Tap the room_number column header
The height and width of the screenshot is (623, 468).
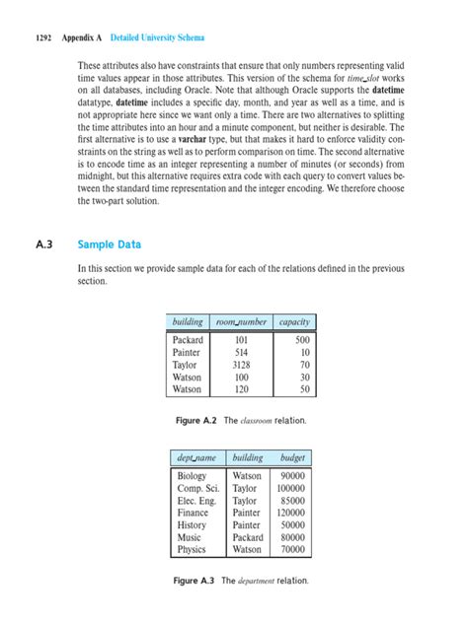[x=240, y=321]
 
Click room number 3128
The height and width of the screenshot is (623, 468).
[x=240, y=365]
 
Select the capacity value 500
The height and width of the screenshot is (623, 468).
[x=300, y=340]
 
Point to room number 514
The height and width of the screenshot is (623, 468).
[x=240, y=352]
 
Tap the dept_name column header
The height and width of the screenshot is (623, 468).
[x=196, y=458]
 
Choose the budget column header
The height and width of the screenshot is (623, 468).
[x=293, y=458]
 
